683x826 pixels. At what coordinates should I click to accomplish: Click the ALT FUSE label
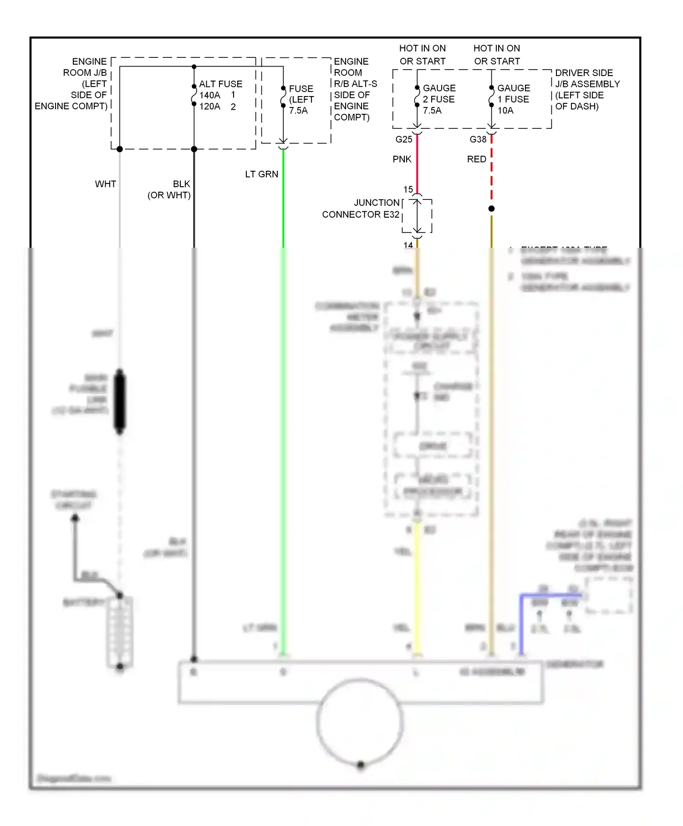pos(220,84)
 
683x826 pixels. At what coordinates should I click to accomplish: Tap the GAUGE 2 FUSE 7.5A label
pos(438,99)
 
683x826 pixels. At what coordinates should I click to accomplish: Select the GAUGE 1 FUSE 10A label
pos(513,99)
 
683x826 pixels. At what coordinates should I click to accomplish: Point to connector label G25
pos(404,140)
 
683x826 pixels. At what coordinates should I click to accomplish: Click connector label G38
pos(478,140)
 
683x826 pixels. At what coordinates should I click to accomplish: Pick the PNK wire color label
pos(402,159)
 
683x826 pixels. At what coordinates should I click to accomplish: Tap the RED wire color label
pos(477,159)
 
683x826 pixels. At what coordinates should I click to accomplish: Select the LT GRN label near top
pos(261,174)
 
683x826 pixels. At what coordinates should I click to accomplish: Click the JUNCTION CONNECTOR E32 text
pos(361,209)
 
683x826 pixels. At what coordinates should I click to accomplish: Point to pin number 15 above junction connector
pos(408,189)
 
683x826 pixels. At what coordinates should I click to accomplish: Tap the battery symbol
pos(120,631)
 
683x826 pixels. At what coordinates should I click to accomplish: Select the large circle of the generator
pos(360,722)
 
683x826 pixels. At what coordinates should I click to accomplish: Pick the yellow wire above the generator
pos(417,592)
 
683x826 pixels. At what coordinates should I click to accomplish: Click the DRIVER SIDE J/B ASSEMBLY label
pos(587,90)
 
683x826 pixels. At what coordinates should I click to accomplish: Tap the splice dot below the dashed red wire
pos(491,209)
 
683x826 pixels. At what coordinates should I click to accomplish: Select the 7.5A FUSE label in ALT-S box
pos(301,100)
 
